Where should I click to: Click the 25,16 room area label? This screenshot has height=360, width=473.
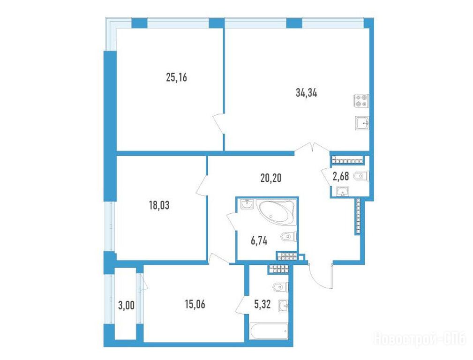(176, 78)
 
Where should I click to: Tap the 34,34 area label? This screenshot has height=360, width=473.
(307, 93)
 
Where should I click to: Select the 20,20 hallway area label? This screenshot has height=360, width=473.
(271, 178)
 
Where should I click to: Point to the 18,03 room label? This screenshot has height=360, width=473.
(159, 205)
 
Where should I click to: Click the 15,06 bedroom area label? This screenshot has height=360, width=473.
(195, 304)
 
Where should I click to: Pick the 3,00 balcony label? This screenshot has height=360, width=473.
(127, 306)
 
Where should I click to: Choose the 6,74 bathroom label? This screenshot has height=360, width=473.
(259, 241)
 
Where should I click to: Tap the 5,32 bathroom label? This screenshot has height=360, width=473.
(263, 305)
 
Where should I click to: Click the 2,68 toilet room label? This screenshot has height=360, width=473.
(341, 177)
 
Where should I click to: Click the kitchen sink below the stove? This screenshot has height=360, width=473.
(362, 123)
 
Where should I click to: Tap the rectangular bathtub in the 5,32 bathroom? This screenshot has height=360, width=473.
(269, 331)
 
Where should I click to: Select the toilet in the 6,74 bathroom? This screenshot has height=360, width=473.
(289, 237)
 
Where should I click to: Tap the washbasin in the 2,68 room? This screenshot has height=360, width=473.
(343, 191)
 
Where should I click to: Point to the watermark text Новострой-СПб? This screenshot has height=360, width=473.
(420, 339)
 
